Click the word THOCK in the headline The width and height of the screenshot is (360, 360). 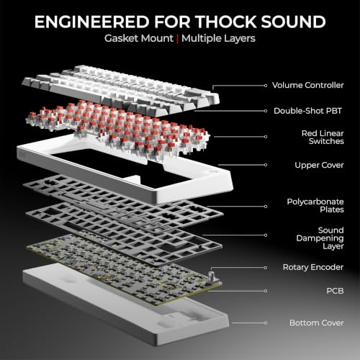226,22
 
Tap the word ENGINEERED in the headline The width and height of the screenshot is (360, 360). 92,22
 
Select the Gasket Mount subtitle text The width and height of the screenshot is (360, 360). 139,38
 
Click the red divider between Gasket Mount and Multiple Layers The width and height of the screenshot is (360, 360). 177,39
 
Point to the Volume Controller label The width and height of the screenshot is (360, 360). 308,85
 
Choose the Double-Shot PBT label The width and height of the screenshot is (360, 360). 307,111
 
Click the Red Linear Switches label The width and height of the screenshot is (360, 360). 323,138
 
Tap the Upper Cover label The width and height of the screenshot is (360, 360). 319,165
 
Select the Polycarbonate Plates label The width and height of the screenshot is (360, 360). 315,205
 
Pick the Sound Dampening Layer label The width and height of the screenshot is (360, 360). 320,238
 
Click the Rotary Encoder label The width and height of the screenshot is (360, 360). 313,267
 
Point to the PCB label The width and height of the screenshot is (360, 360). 335,291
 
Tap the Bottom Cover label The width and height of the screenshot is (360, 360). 317,323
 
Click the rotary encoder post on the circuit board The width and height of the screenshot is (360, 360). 212,277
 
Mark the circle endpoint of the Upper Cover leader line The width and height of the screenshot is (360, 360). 266,165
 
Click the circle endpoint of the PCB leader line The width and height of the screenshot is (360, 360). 266,291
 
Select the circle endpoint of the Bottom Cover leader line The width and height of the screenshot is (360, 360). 266,323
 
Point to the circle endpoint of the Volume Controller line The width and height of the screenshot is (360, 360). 266,86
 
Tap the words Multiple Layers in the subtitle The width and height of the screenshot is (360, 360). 218,38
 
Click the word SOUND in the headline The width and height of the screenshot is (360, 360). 293,22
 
